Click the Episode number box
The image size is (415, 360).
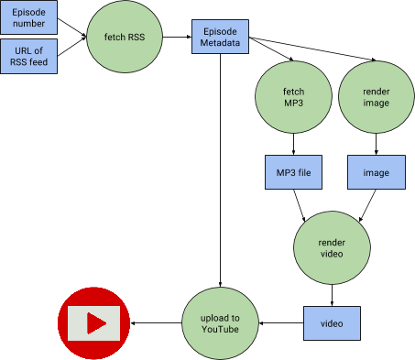point(28,17)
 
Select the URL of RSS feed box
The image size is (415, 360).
point(28,57)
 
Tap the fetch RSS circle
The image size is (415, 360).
point(126,38)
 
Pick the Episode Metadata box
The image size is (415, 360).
point(220,36)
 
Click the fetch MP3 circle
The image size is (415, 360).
point(293,97)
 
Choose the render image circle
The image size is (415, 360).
point(376,97)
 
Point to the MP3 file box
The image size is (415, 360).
point(293,172)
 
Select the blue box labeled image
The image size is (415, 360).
point(376,172)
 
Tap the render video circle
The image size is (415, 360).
point(332,247)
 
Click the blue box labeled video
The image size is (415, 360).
point(331,323)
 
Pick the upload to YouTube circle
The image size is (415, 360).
point(220,322)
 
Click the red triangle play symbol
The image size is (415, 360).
point(95,322)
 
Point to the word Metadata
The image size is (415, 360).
point(220,42)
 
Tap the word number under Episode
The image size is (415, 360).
point(28,24)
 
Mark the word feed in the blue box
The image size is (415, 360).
point(38,63)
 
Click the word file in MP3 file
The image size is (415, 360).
point(307,172)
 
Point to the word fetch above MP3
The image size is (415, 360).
point(293,91)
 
